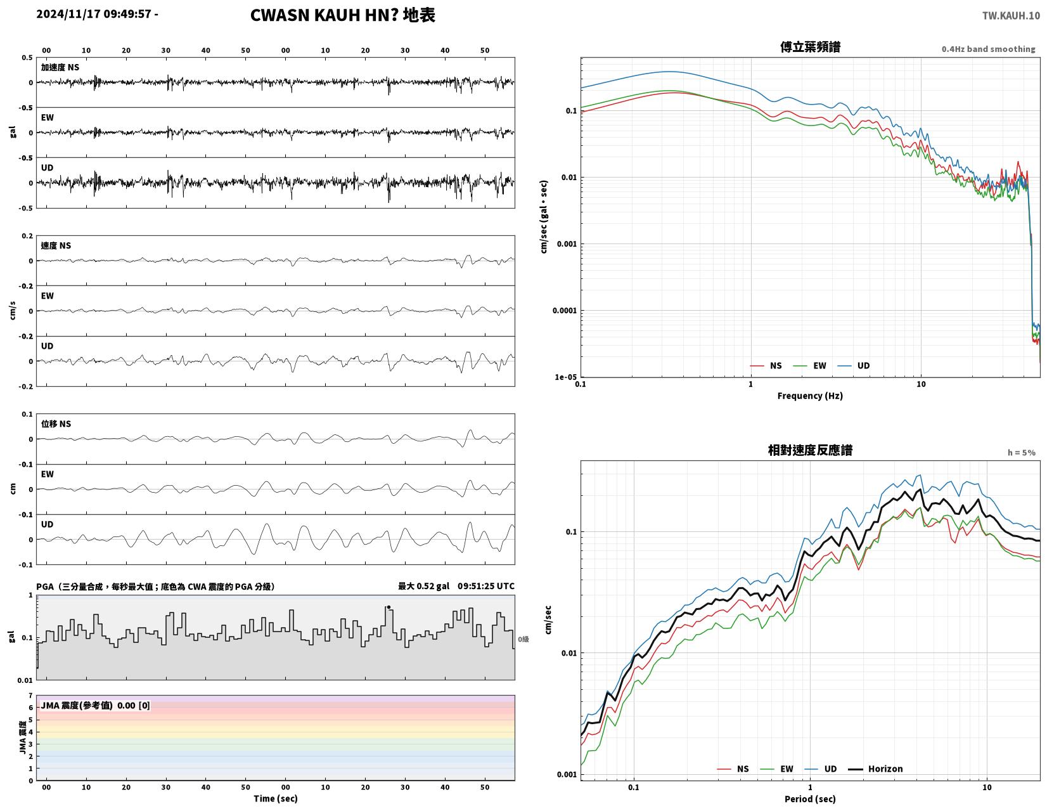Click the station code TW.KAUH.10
tap(1010, 15)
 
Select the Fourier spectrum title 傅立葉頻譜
tap(809, 47)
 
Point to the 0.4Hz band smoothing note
tap(987, 49)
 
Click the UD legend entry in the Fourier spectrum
tap(853, 365)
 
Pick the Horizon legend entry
tap(875, 769)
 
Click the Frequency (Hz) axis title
tap(809, 396)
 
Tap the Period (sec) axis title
tap(809, 798)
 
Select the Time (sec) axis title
tap(275, 798)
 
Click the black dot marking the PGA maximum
tap(389, 607)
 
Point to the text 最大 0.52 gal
tap(423, 586)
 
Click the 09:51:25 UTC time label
tap(485, 586)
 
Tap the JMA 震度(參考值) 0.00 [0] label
tap(96, 706)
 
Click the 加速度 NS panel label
tap(60, 67)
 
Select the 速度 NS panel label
tap(56, 246)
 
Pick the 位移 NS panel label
tap(56, 424)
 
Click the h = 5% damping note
tap(1021, 453)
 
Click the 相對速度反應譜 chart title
tap(809, 450)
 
